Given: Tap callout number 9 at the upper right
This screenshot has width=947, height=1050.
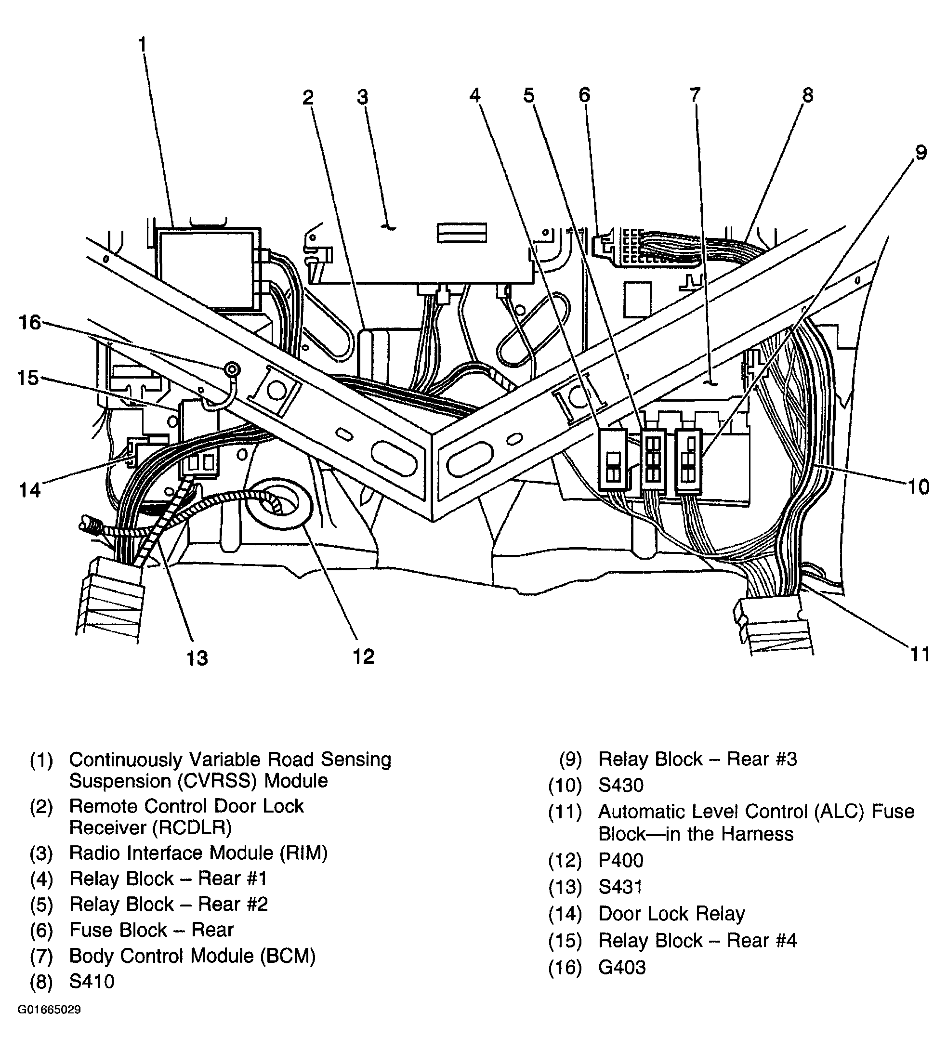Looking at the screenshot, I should pos(920,153).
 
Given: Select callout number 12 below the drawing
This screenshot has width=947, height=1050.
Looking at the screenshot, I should pos(363,656).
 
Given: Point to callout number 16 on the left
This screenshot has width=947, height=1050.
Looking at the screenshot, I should pos(30,323).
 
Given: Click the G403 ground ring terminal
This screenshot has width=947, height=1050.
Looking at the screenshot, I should pos(232,370).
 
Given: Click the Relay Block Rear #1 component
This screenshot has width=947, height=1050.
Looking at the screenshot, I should pos(614,460).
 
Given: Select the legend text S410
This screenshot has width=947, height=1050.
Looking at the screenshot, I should pos(92,982).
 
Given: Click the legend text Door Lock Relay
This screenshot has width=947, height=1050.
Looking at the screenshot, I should pos(671,914).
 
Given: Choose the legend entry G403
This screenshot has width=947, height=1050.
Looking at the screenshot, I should pos(622,967).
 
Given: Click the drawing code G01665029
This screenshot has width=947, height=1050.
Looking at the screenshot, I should pos(50,1010).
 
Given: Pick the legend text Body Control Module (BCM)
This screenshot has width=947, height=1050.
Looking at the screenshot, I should pos(193,956).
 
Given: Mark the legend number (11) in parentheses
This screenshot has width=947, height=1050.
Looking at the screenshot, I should pos(565,812).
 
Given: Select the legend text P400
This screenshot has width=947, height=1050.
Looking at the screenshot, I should pos(621,861).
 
